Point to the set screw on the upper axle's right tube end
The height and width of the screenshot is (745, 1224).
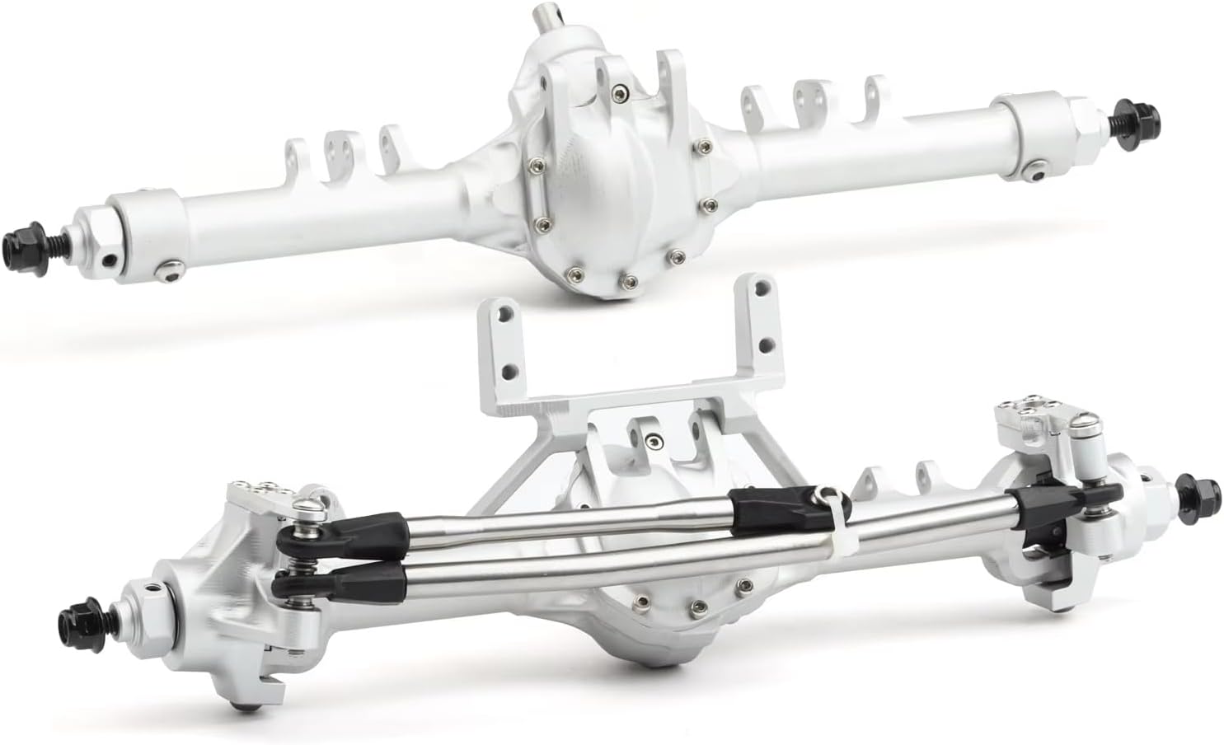1035,170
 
